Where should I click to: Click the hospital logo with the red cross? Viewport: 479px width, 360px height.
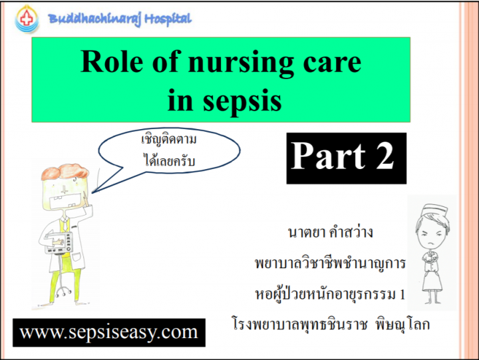click(x=27, y=19)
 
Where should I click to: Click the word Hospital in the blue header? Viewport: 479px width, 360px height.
click(x=168, y=19)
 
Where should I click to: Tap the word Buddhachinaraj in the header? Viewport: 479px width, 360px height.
click(x=94, y=20)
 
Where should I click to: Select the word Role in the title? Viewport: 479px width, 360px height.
click(x=112, y=61)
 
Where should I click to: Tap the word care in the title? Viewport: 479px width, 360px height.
click(x=332, y=63)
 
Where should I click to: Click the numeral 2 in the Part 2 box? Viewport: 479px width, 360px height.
click(x=385, y=156)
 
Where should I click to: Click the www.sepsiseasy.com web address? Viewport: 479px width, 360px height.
click(x=108, y=332)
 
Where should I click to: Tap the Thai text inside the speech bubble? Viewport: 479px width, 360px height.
click(x=169, y=150)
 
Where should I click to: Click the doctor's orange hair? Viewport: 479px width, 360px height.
click(x=65, y=172)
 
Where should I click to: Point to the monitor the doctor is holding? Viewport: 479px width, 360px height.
click(x=59, y=243)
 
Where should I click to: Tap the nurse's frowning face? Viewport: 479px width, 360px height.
click(x=430, y=236)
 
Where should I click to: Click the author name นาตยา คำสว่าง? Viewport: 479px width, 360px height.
click(x=330, y=232)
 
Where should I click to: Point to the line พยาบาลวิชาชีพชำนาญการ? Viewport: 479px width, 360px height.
click(x=330, y=263)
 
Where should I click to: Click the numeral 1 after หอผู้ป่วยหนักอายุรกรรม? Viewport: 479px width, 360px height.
click(x=402, y=294)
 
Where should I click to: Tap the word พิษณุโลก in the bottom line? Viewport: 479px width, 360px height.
click(x=402, y=324)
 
